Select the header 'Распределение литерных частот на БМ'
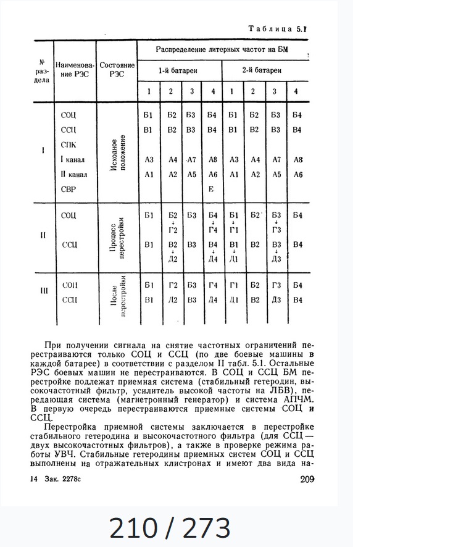223,48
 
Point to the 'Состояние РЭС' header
117,70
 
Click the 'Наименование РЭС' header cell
75,70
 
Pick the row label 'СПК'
69,144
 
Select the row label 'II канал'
73,175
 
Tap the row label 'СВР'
69,190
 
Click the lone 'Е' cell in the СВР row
211,190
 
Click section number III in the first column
43,292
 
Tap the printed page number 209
307,479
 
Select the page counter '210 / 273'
170,528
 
